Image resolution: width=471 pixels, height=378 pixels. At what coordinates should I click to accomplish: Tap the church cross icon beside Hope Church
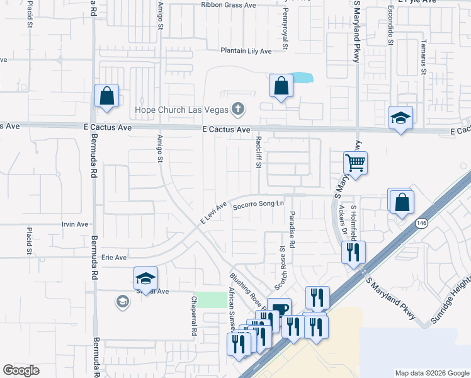click(238, 110)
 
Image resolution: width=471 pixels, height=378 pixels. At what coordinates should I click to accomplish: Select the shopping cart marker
click(355, 164)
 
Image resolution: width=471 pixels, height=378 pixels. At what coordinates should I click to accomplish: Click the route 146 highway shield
click(420, 223)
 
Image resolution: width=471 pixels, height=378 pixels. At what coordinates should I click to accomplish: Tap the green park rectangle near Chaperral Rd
click(217, 300)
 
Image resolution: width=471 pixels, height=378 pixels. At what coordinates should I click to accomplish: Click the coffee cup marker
click(280, 309)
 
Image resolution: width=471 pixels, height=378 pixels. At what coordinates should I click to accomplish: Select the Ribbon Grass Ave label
click(229, 5)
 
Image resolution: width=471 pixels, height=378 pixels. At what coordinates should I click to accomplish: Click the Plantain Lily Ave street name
click(246, 51)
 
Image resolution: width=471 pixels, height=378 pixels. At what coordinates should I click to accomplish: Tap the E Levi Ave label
click(213, 213)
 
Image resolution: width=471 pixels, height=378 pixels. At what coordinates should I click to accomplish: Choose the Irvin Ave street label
click(75, 224)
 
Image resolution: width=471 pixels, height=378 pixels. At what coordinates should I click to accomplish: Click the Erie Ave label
click(114, 258)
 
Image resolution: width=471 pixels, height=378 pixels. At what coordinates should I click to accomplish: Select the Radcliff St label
click(258, 153)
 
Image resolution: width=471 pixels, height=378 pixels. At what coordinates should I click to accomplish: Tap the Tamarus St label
click(424, 62)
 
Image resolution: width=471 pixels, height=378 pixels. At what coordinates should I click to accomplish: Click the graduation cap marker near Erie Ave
click(145, 278)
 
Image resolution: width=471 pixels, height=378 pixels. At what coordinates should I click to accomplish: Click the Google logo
click(21, 370)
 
